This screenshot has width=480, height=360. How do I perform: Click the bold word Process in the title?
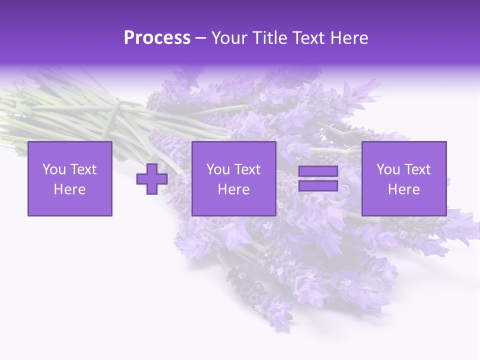coord(157,37)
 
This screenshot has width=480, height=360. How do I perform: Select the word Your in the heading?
coord(228,37)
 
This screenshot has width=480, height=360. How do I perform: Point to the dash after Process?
coord(200,38)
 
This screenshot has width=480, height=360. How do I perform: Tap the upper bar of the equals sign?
coord(318,171)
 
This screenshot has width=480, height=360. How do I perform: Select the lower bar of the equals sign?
coord(318,186)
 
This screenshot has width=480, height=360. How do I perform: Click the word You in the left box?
coord(53,169)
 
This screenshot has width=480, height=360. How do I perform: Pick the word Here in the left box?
coord(69,189)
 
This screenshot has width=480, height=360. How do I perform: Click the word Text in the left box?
coord(83,169)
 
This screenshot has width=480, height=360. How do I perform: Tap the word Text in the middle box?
coord(247,169)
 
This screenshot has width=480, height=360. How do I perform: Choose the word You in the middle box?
coord(218,169)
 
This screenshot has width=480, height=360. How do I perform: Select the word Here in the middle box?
coord(233,189)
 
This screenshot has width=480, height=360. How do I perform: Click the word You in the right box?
coord(388,169)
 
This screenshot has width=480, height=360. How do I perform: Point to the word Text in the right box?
coord(417,169)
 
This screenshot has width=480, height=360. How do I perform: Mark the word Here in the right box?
coord(403,189)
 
